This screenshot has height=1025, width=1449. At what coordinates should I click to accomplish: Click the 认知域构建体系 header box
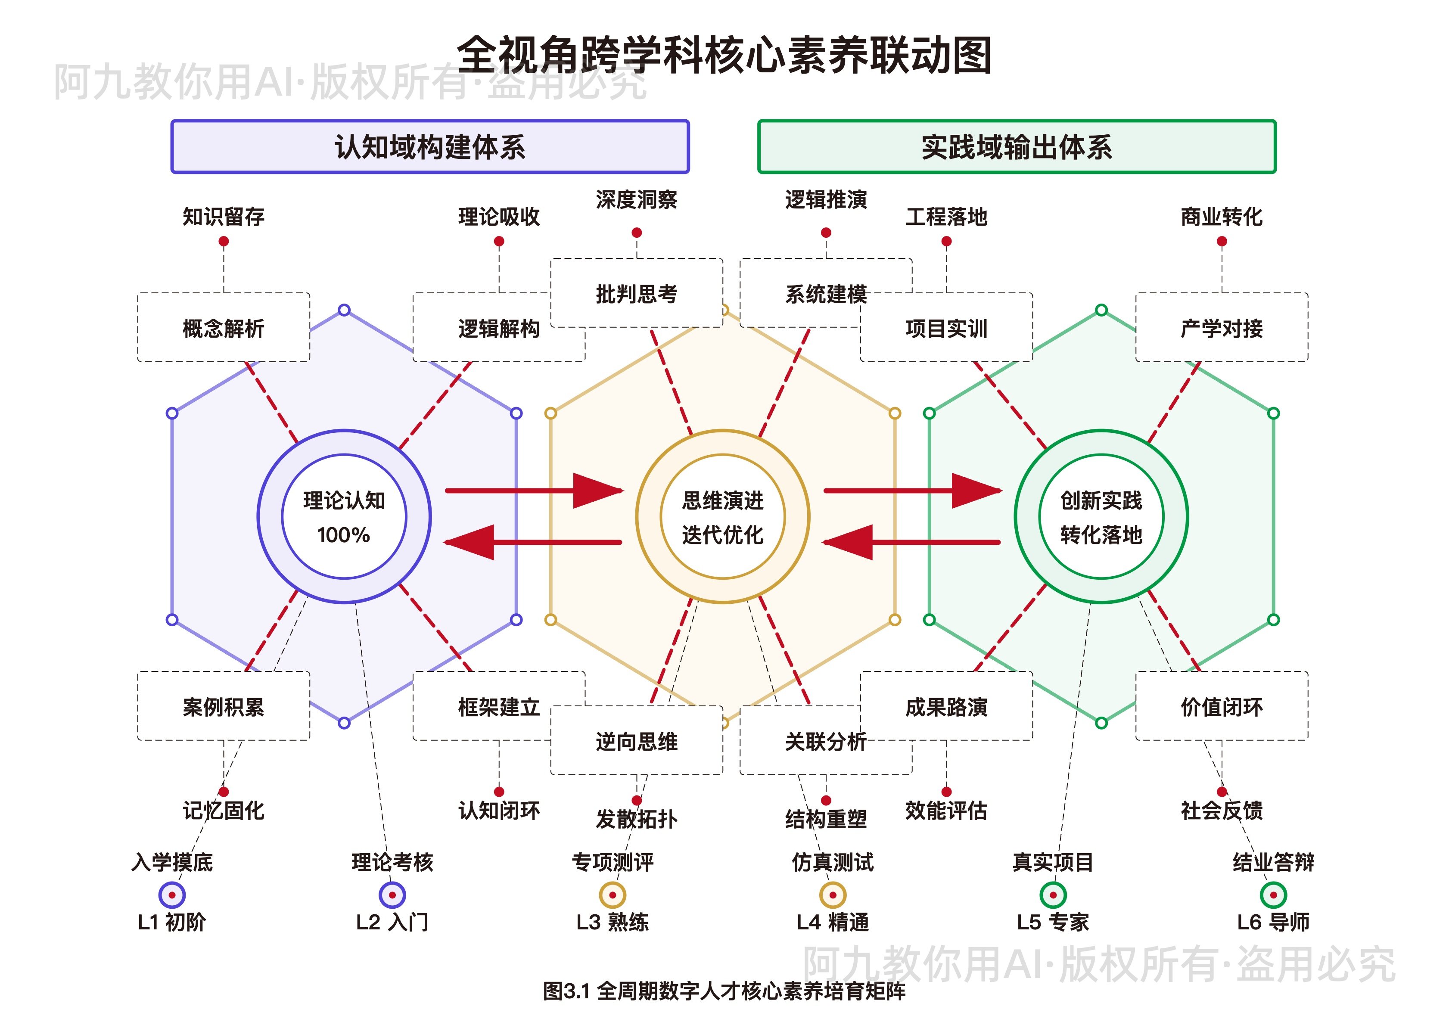click(430, 146)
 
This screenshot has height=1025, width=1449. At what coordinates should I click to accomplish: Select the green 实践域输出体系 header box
click(1016, 146)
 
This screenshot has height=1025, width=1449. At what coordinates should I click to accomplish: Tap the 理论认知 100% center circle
click(344, 516)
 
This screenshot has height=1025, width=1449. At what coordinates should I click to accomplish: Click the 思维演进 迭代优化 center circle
click(723, 516)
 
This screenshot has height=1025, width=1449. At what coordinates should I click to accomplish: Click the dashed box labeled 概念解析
click(224, 328)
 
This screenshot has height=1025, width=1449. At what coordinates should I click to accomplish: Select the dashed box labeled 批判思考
click(636, 293)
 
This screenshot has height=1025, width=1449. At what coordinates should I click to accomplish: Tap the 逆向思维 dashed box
click(636, 740)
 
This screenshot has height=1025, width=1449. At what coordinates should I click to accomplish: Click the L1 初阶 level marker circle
click(172, 895)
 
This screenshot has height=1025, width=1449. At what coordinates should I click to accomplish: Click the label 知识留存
click(224, 217)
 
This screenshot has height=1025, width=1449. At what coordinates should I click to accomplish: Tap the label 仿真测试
click(833, 861)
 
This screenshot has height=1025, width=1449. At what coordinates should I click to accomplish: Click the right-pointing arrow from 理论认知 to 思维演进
click(533, 491)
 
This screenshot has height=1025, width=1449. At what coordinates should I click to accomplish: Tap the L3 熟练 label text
click(612, 922)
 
